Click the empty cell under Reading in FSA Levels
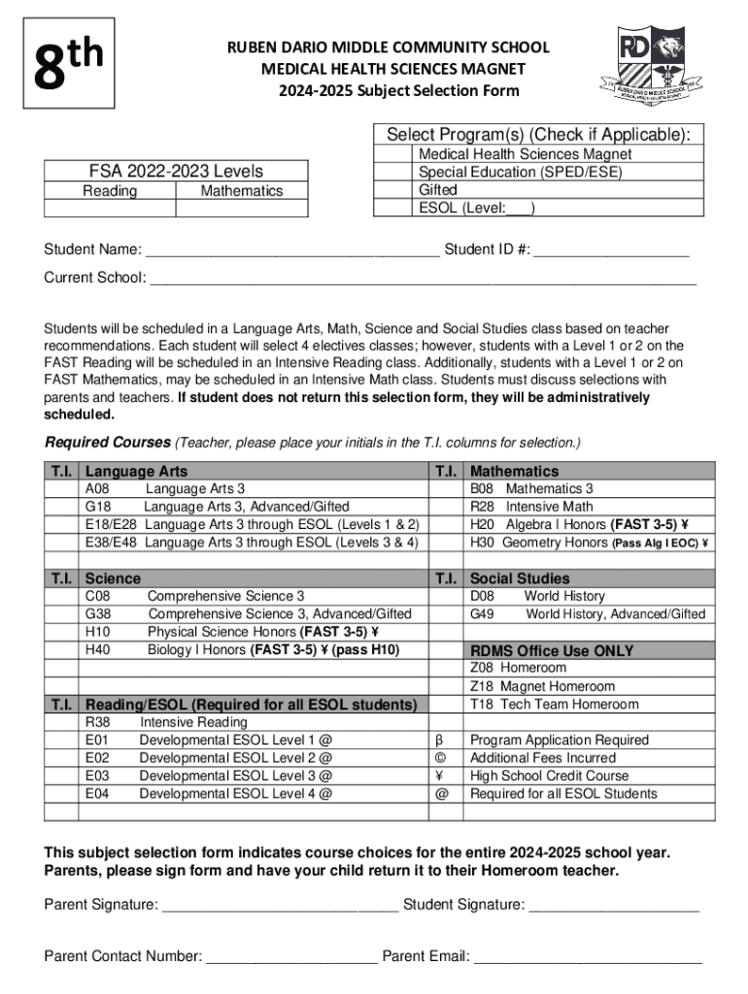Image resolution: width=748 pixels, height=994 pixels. pyautogui.click(x=109, y=209)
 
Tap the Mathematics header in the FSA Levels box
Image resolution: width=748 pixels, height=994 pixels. pyautogui.click(x=241, y=191)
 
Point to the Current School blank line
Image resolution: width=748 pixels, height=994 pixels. pyautogui.click(x=423, y=279)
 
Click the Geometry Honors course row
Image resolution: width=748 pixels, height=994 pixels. pyautogui.click(x=588, y=543)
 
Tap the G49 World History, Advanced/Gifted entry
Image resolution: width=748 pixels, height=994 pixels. pyautogui.click(x=588, y=614)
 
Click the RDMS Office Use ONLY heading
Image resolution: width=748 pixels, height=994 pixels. pyautogui.click(x=552, y=650)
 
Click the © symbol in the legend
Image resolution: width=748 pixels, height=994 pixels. pyautogui.click(x=442, y=757)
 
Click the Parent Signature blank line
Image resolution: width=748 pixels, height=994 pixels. pyautogui.click(x=280, y=907)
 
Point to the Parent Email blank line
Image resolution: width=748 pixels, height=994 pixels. pyautogui.click(x=588, y=958)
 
